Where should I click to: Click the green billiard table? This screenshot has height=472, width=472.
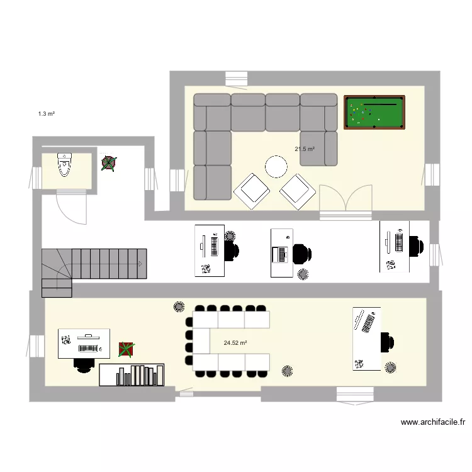coord(374,113)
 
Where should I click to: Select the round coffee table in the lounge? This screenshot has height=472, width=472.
coord(276,167)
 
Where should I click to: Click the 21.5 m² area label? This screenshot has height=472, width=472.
coord(305,149)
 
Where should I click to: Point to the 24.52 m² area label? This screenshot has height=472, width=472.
coord(235,343)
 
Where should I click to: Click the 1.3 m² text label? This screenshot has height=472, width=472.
coord(47,114)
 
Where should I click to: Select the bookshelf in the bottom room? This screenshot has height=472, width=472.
coord(132,375)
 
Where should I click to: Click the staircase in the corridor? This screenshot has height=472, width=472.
coord(94,267)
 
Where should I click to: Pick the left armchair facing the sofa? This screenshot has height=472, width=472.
coord(251,190)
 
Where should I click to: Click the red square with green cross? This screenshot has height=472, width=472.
coord(126,349)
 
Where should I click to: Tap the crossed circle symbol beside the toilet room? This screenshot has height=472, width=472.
coord(110,164)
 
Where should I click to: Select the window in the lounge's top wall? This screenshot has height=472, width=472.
coord(237,78)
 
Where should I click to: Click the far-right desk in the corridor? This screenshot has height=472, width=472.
coord(395,246)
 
